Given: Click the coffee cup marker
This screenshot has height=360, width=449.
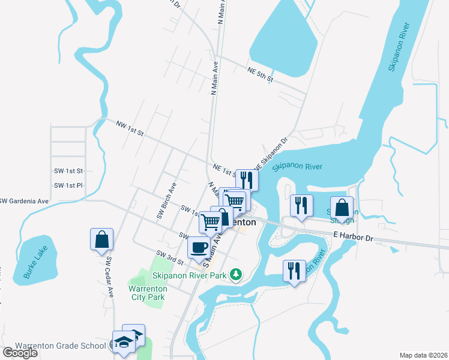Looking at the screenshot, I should pyautogui.click(x=199, y=247).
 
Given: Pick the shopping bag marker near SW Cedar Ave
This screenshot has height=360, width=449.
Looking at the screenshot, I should pyautogui.click(x=101, y=239).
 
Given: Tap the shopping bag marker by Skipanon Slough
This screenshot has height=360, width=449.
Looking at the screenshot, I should pyautogui.click(x=342, y=208).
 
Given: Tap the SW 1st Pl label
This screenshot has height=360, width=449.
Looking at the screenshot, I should pyautogui.click(x=68, y=185).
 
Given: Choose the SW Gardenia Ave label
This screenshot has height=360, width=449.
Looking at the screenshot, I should pyautogui.click(x=25, y=200).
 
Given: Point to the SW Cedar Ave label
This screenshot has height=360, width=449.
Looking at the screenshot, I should pyautogui.click(x=110, y=277).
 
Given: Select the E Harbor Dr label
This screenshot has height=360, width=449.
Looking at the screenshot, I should pyautogui.click(x=354, y=238).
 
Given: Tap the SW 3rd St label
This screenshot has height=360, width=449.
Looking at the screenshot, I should pyautogui.click(x=169, y=257).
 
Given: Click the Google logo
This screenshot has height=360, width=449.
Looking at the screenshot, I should pyautogui.click(x=20, y=352).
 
